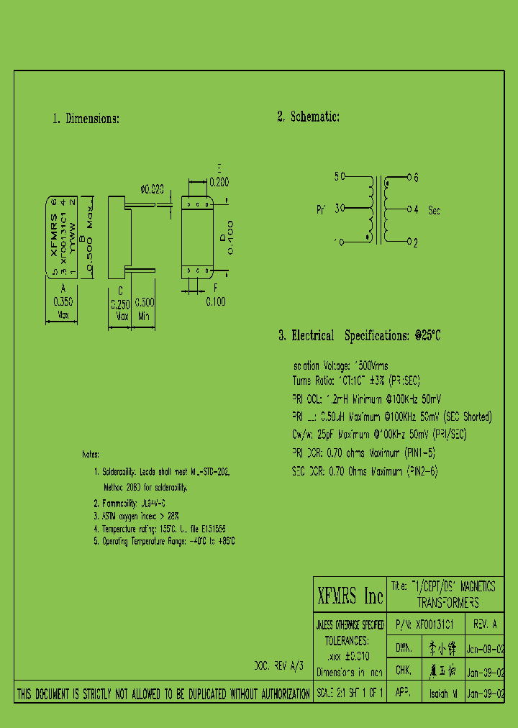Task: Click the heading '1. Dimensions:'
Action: tap(86, 119)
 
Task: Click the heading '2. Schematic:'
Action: tap(308, 117)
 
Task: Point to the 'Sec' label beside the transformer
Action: tap(434, 211)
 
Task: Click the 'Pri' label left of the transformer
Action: tap(321, 210)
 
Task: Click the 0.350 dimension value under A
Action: tap(63, 302)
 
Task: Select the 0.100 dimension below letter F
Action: tap(216, 302)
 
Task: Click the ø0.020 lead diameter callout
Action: tap(152, 189)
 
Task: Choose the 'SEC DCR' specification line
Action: tap(365, 471)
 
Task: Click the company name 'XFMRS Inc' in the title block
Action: tap(350, 596)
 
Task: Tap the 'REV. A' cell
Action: tap(484, 625)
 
